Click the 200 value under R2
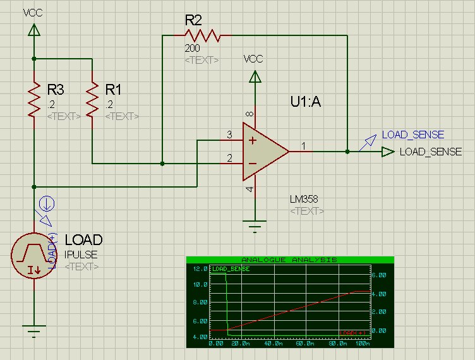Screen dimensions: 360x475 (x=193, y=48)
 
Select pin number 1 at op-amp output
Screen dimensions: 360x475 (x=304, y=147)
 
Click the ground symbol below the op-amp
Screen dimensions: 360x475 (x=255, y=225)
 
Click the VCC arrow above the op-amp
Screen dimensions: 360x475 (x=255, y=78)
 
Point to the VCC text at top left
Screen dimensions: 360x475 (x=33, y=12)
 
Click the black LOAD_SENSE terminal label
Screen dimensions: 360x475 (x=430, y=152)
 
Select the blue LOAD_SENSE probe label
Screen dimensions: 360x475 (x=412, y=135)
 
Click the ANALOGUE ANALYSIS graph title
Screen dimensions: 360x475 (x=290, y=260)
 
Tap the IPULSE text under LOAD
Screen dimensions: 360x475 (x=80, y=255)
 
